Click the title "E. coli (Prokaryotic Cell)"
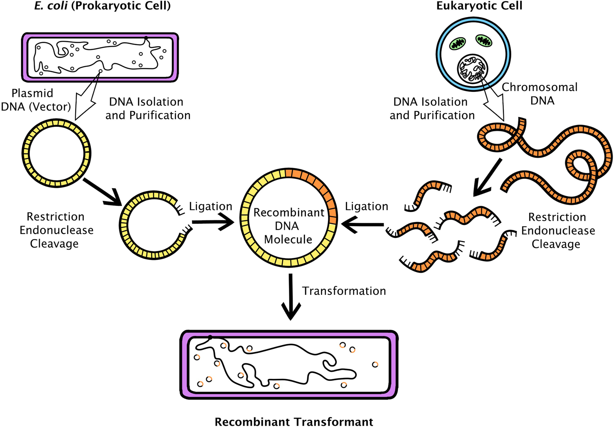pos(102,6)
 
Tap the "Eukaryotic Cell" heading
pos(479,6)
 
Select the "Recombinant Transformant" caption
pos(293,421)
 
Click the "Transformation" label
pos(344,291)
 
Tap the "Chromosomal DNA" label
pos(540,94)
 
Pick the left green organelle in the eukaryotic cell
pos(458,43)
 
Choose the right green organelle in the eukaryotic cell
pos(483,40)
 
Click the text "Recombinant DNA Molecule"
pos(289,226)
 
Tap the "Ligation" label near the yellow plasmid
pos(210,206)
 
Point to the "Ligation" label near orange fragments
pos(366,206)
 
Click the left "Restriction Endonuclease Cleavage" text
pos(56,230)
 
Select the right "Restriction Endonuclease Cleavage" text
pos(557,230)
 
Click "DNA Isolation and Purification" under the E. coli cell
pos(148,109)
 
